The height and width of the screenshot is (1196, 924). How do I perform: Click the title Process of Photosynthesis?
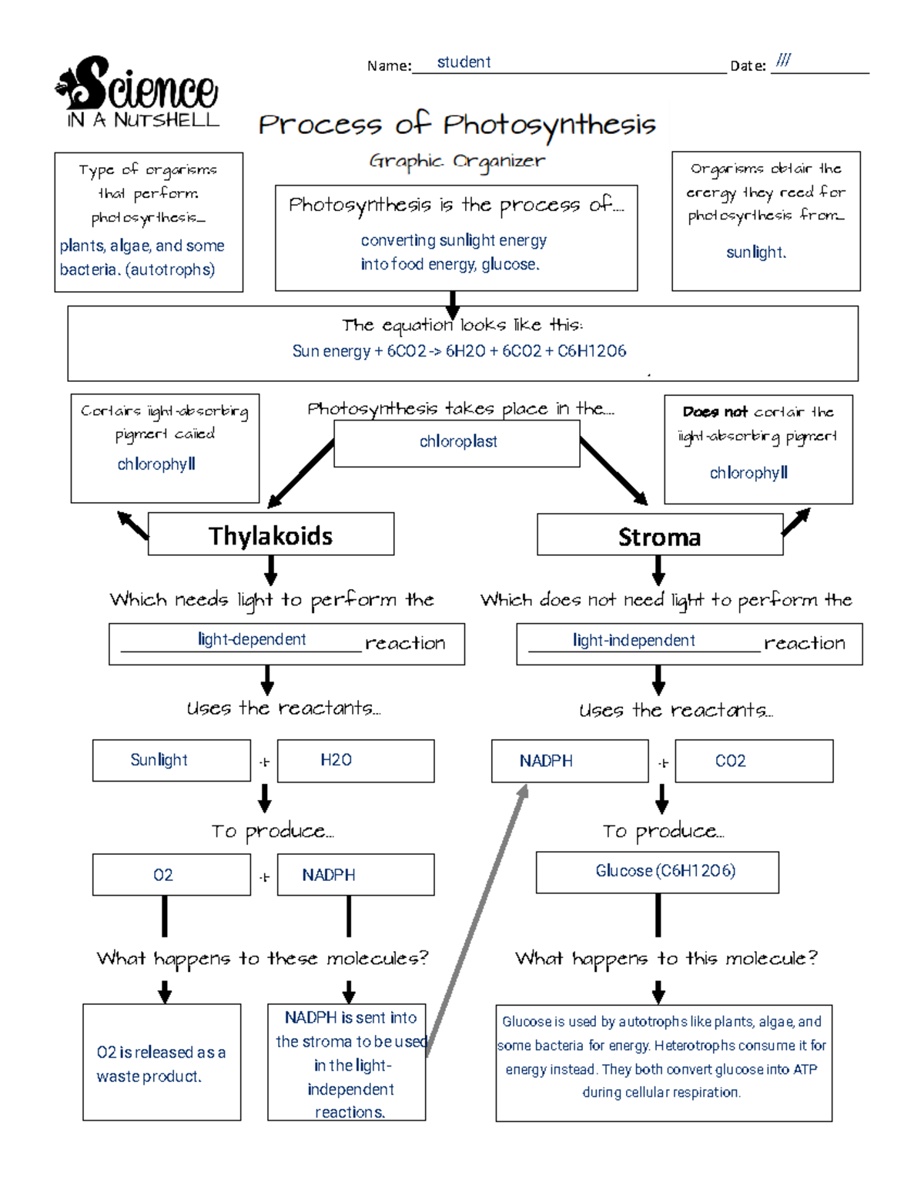[x=457, y=125]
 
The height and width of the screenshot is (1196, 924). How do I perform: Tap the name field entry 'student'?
[x=464, y=62]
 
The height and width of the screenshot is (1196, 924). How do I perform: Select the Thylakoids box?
[x=270, y=535]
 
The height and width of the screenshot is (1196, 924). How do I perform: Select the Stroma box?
[x=659, y=536]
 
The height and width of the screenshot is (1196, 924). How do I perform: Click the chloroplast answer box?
[x=457, y=442]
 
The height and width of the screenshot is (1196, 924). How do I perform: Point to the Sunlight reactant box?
[x=171, y=761]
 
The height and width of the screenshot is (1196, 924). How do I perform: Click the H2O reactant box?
[x=355, y=761]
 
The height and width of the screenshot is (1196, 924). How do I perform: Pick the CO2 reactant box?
[x=753, y=761]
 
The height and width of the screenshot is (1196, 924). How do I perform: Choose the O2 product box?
[x=171, y=875]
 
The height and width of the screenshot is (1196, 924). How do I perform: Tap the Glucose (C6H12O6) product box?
[x=657, y=872]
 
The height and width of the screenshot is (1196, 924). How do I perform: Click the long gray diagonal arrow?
[x=477, y=916]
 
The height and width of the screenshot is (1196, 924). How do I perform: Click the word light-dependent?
[x=252, y=640]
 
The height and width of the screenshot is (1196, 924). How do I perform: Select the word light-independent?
[x=634, y=641]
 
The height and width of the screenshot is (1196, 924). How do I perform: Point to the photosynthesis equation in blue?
[x=459, y=351]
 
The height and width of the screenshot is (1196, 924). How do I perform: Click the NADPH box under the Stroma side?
[x=569, y=761]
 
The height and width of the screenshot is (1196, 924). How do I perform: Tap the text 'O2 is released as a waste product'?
[x=161, y=1064]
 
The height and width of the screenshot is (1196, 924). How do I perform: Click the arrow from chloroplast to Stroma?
[x=614, y=471]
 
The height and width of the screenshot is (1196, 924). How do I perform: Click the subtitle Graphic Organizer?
[x=457, y=162]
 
